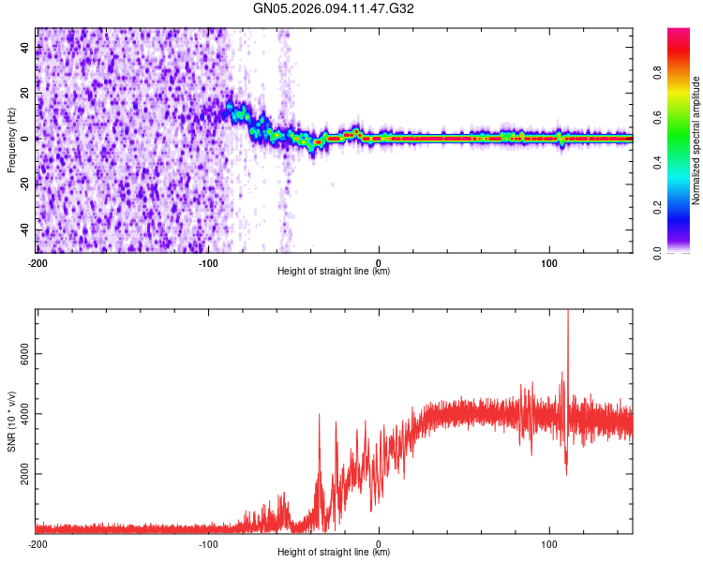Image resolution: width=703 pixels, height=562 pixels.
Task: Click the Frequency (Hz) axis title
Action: click(11, 140)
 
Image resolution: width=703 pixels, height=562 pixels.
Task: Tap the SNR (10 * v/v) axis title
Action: click(11, 421)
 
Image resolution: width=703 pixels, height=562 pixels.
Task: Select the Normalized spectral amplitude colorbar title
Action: click(696, 140)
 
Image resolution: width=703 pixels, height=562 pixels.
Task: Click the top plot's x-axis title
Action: click(334, 271)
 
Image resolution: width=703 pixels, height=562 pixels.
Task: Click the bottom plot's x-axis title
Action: click(334, 552)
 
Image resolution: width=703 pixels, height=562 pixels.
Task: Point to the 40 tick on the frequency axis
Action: click(25, 46)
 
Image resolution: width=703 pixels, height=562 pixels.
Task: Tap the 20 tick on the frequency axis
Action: click(25, 92)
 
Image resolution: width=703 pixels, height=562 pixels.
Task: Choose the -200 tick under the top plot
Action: click(37, 261)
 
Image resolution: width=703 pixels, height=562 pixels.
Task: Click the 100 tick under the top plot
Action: click(549, 261)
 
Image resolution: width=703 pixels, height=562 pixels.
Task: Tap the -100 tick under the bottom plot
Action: click(207, 543)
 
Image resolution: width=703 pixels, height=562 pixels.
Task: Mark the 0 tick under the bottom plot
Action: click(379, 543)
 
